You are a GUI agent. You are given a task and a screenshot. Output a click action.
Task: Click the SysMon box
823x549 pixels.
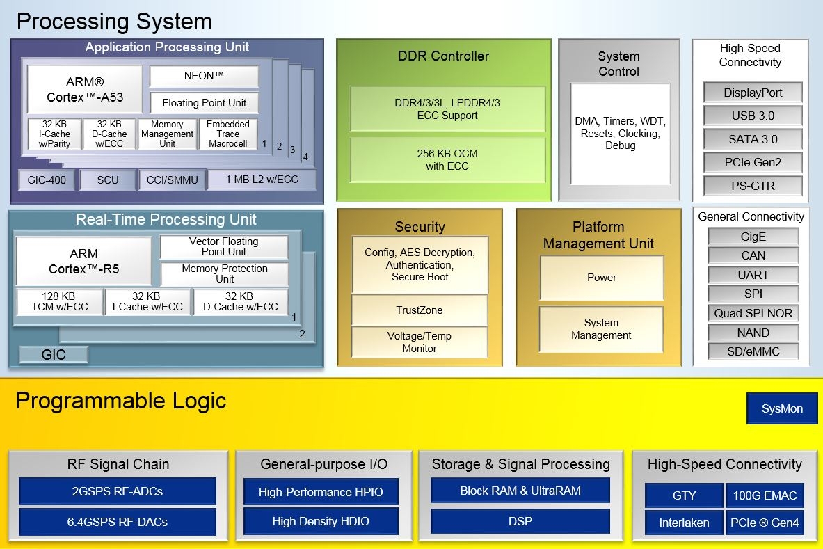(x=781, y=408)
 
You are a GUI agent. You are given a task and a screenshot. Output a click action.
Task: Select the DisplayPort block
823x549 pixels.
(x=753, y=93)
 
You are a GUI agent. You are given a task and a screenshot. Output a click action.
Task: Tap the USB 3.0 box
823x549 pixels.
(x=753, y=116)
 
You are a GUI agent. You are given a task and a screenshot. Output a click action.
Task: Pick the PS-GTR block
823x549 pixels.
(x=753, y=186)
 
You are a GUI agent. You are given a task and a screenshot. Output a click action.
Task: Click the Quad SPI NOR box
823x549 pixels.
(x=753, y=313)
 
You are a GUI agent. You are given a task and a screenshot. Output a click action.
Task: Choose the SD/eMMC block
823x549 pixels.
(x=753, y=351)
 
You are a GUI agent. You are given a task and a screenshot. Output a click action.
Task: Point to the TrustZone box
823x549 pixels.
(x=420, y=310)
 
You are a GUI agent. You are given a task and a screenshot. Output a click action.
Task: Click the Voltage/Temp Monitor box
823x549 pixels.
(x=420, y=342)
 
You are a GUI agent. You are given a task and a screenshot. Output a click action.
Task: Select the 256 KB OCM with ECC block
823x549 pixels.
(x=447, y=160)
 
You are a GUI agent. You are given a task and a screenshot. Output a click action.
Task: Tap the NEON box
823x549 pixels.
(x=204, y=76)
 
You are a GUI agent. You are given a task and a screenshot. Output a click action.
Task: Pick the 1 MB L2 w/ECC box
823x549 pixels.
(x=262, y=180)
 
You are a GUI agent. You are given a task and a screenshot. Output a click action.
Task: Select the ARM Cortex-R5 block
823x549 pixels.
(x=83, y=261)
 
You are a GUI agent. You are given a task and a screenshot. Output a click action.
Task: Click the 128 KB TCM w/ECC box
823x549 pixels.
(x=59, y=301)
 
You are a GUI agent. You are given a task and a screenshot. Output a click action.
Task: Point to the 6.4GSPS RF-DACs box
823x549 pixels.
(x=117, y=521)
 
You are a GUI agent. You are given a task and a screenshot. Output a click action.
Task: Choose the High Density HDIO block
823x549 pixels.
(x=321, y=521)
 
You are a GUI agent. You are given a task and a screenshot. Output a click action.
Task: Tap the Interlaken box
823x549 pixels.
(x=684, y=523)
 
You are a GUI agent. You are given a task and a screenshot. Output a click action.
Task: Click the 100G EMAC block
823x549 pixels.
(x=765, y=495)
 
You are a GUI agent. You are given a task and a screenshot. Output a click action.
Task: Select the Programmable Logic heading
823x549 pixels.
(x=120, y=401)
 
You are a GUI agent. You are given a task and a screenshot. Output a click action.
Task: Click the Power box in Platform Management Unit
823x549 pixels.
(x=602, y=278)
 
